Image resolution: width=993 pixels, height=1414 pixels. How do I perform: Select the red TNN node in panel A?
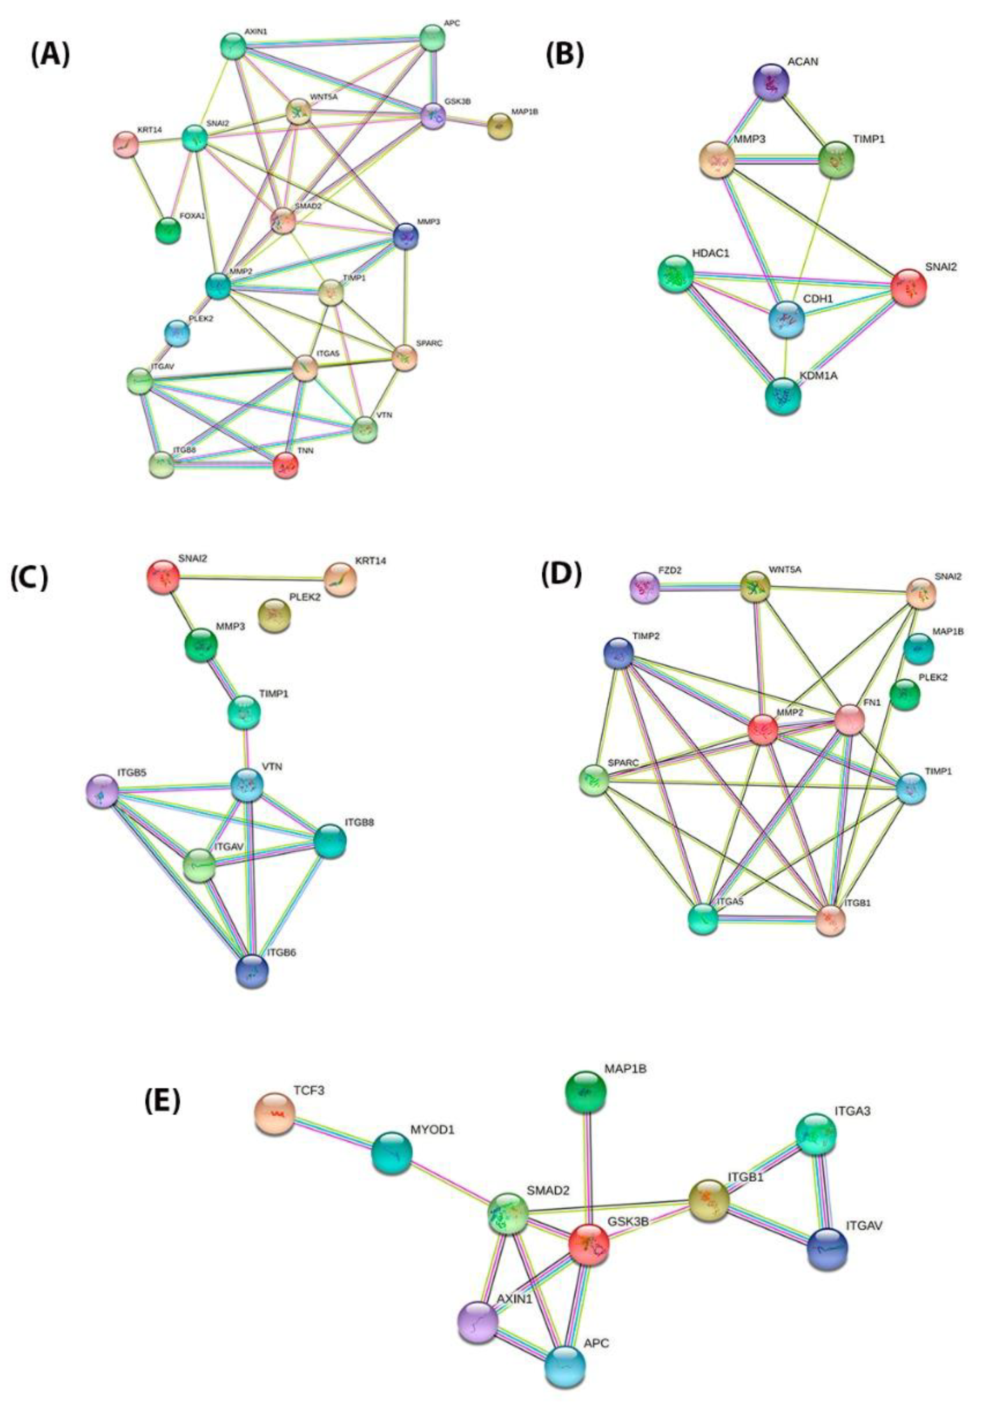click(286, 465)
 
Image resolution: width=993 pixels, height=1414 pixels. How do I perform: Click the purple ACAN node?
click(771, 81)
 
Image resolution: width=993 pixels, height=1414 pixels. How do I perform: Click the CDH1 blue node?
click(786, 319)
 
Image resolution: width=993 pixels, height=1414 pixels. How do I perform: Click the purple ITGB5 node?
click(102, 791)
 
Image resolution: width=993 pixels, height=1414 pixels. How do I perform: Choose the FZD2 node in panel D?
click(644, 587)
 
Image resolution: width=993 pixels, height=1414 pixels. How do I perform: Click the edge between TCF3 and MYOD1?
click(332, 1132)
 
